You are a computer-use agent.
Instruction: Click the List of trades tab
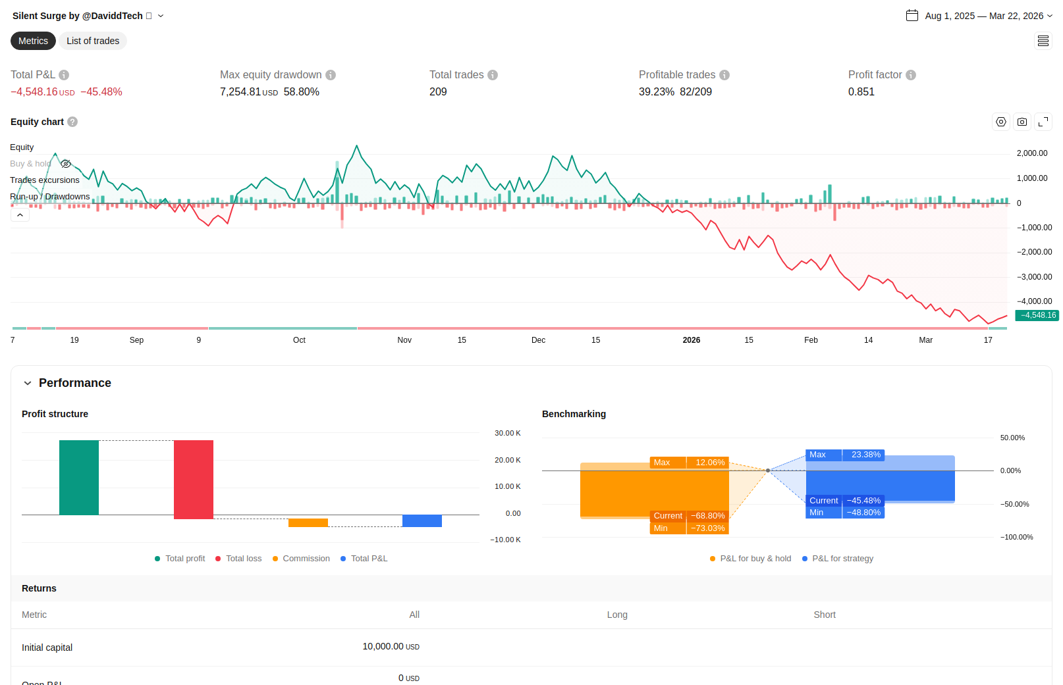tap(93, 41)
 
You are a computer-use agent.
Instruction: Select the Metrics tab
tap(33, 41)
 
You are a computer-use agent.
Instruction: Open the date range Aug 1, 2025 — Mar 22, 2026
tap(984, 16)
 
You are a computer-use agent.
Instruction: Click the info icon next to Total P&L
tap(64, 75)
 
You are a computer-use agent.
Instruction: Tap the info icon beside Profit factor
tap(911, 75)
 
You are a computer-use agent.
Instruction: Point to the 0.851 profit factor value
tap(861, 91)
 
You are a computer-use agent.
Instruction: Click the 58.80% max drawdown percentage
tap(302, 91)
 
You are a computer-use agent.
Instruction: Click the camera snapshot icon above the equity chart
tap(1022, 122)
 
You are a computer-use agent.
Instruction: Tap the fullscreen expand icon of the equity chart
tap(1043, 122)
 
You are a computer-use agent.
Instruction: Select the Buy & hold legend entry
tap(30, 164)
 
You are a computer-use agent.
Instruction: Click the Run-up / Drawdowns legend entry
tap(50, 196)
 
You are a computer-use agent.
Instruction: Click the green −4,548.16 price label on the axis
tap(1037, 315)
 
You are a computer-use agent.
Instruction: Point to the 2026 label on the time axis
tap(692, 340)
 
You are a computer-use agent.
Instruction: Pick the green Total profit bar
tap(79, 477)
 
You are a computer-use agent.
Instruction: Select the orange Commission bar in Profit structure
tap(308, 523)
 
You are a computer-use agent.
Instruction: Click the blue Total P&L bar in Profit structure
tap(422, 520)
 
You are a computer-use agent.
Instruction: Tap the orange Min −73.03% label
tap(689, 528)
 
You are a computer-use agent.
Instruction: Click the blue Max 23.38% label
tap(845, 455)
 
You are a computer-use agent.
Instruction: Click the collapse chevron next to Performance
tap(28, 383)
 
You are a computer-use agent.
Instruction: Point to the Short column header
tap(825, 615)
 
